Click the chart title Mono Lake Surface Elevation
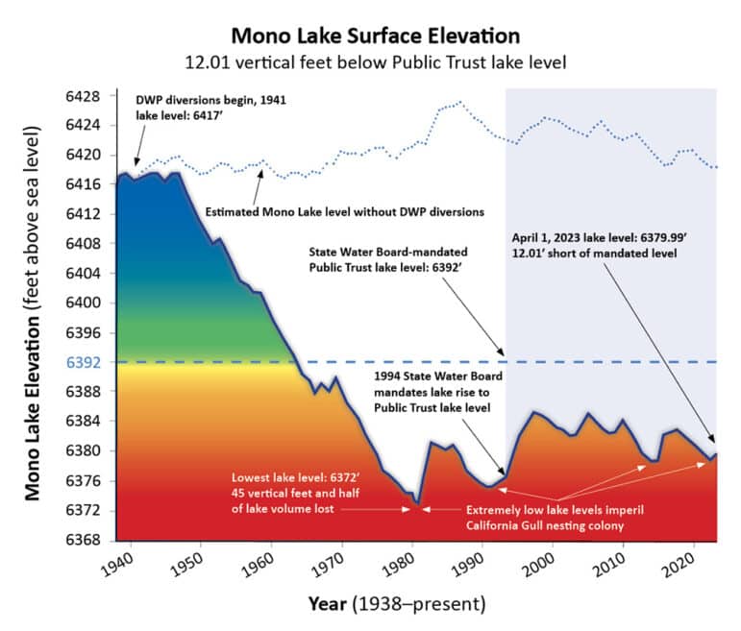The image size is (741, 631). [370, 36]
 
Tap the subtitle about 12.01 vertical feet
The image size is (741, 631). [370, 62]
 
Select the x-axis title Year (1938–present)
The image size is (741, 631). [395, 604]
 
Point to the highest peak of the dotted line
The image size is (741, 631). [461, 102]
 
